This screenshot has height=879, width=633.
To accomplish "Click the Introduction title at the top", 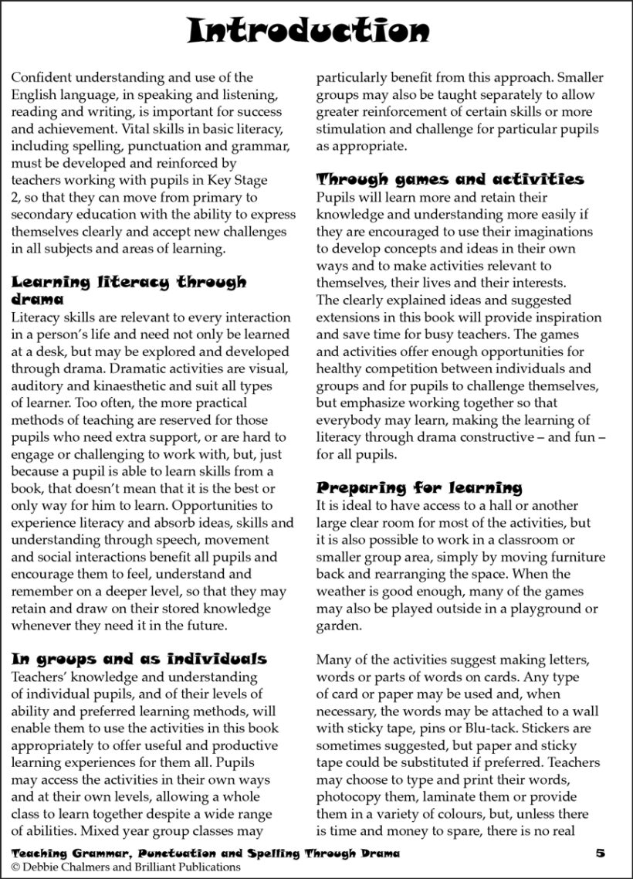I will point(309,31).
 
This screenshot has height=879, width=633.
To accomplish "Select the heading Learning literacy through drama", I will point(129,290).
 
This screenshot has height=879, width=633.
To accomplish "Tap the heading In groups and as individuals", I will point(139,659).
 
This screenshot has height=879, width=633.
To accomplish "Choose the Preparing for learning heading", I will point(419,488).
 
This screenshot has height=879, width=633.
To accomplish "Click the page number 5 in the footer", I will point(600,853).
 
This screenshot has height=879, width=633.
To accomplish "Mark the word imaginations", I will point(549,232).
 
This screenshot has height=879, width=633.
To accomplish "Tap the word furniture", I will point(573,558).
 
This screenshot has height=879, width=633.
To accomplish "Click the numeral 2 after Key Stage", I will point(15,197).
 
